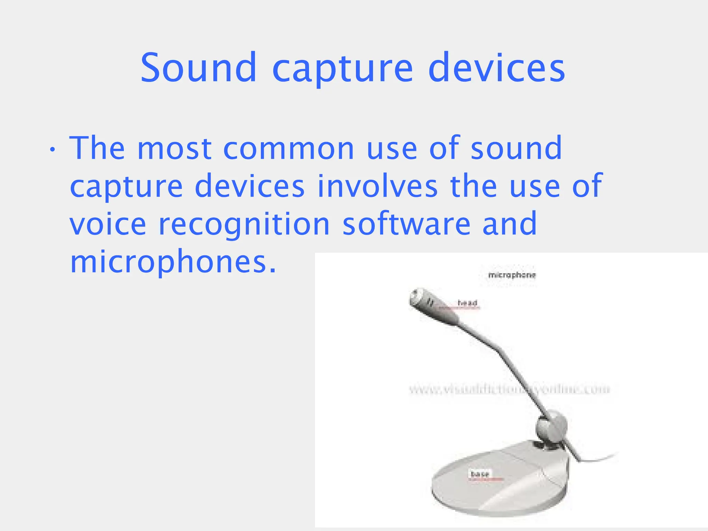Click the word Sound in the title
pyautogui.click(x=198, y=68)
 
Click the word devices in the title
pyautogui.click(x=496, y=68)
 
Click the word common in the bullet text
pyautogui.click(x=289, y=149)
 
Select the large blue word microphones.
pyautogui.click(x=173, y=263)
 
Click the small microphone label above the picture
pyautogui.click(x=512, y=275)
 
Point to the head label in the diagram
pyautogui.click(x=467, y=303)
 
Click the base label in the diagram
pyautogui.click(x=480, y=474)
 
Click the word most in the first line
pyautogui.click(x=174, y=149)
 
